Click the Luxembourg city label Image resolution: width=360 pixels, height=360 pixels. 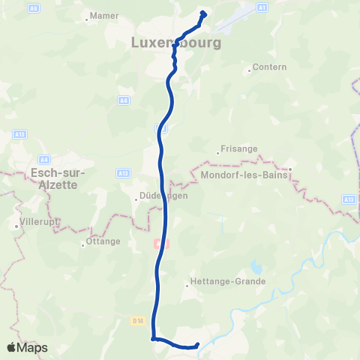coord(176,43)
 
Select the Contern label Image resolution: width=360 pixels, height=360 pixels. coord(270,67)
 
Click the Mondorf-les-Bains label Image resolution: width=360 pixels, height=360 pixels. coord(244,177)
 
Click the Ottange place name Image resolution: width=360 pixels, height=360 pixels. coord(103,241)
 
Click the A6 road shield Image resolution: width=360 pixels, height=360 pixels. coord(34,7)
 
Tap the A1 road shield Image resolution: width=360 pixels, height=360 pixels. coord(262,7)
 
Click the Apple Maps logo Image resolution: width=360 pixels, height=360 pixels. coord(27,347)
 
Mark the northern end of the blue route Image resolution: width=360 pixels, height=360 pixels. coord(203,12)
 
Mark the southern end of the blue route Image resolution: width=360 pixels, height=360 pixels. coord(197,345)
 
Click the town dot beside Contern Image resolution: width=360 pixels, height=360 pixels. coord(249,71)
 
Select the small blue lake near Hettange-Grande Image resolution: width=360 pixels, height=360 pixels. coord(257,266)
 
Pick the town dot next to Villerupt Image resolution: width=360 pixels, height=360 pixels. coord(16,224)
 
